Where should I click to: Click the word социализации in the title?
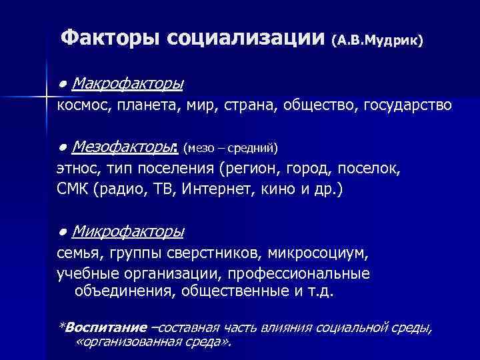click(x=246, y=37)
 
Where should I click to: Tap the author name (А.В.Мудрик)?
click(x=377, y=40)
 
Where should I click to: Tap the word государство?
click(x=409, y=105)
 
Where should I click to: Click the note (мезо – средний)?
click(x=230, y=147)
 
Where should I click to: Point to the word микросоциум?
click(x=319, y=253)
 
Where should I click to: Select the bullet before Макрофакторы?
click(x=61, y=85)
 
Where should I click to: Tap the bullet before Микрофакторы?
click(x=61, y=231)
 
